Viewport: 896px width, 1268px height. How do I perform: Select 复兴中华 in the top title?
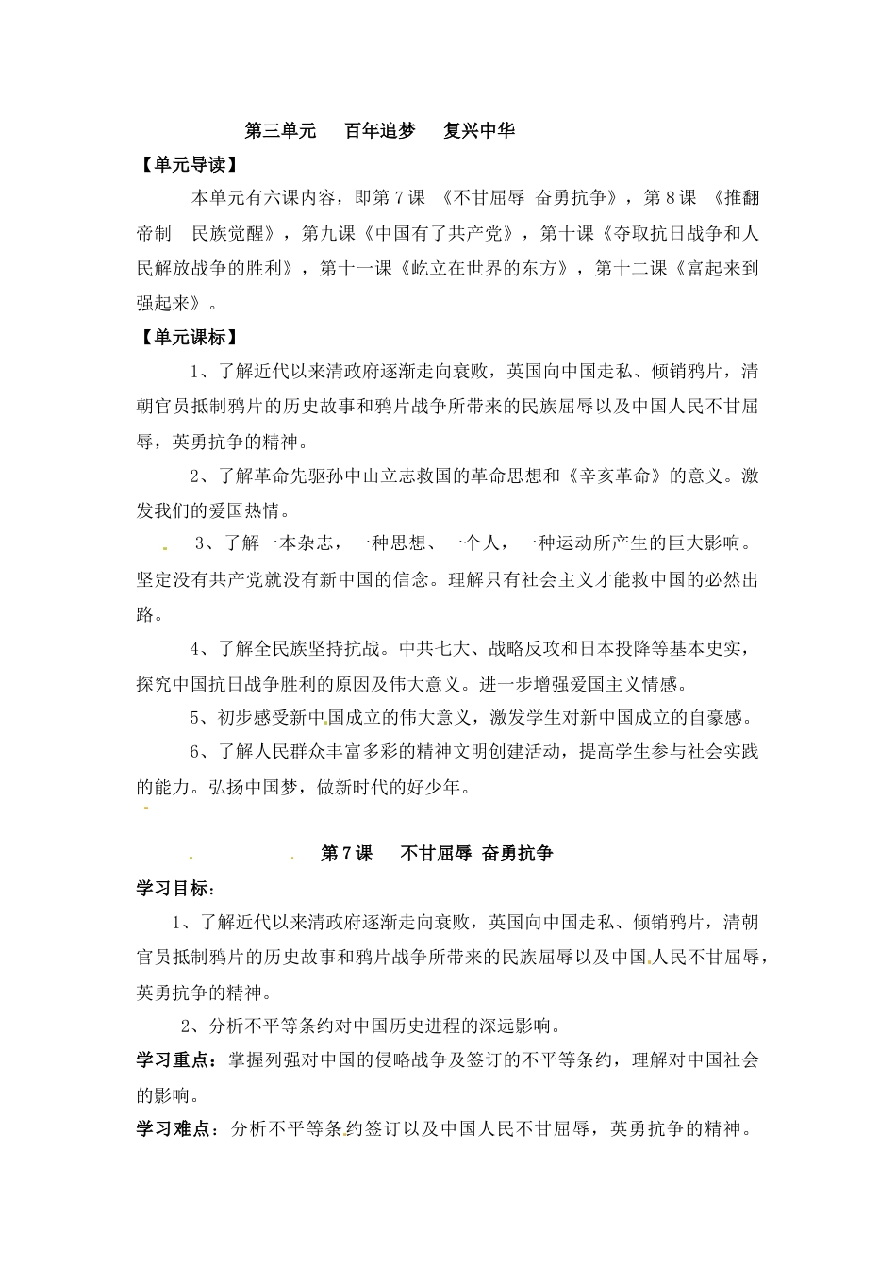(479, 131)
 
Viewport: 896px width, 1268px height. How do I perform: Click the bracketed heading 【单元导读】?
(187, 164)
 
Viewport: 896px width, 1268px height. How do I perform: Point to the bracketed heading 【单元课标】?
(187, 337)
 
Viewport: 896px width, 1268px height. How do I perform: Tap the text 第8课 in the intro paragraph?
(671, 198)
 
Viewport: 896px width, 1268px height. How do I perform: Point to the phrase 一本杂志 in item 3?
(306, 544)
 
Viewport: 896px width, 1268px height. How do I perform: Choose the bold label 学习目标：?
(176, 888)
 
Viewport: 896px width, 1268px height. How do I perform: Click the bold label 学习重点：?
(176, 1060)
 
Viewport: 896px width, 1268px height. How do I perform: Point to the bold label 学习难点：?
(176, 1129)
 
